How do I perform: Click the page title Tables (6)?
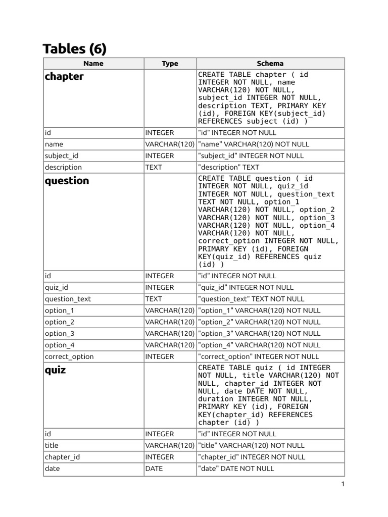tap(74, 49)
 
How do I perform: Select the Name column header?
tap(93, 64)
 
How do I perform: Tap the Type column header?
tap(170, 64)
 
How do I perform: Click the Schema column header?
tap(270, 64)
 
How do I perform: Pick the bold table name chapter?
tap(64, 77)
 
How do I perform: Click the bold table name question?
tap(67, 181)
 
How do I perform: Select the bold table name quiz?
tap(55, 370)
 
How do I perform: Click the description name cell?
tap(63, 167)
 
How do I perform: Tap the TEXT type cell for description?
tap(154, 167)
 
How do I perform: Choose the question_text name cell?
tap(68, 299)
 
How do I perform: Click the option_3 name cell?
tap(59, 334)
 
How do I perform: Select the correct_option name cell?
tap(69, 356)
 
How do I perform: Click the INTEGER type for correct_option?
tap(160, 356)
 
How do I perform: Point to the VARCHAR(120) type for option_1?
tap(170, 311)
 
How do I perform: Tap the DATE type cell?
tap(154, 469)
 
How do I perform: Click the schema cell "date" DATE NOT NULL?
tap(236, 469)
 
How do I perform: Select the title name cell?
tap(52, 445)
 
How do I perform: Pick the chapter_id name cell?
tap(62, 457)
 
